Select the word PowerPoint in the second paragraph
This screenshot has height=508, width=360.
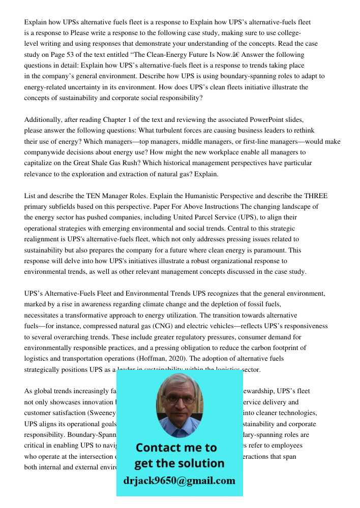coord(267,119)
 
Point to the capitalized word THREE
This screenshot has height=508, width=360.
coord(316,196)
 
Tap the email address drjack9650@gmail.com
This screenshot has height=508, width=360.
coord(179,481)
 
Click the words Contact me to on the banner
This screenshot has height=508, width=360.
coord(176,448)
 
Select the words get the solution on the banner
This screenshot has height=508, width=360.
coord(179,463)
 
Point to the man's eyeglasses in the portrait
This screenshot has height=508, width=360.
coord(179,398)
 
